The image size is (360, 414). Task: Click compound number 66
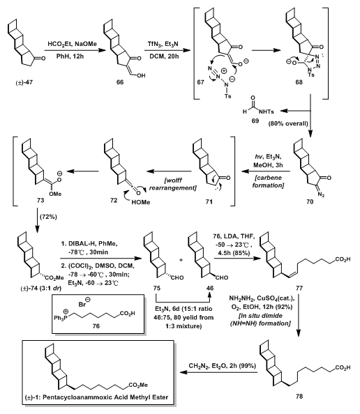pyautogui.click(x=120, y=82)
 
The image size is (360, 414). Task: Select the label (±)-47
pyautogui.click(x=24, y=82)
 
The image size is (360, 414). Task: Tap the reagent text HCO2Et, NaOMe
pyautogui.click(x=72, y=44)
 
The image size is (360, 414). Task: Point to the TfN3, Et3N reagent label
pyautogui.click(x=163, y=44)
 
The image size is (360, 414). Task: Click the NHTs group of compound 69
pyautogui.click(x=267, y=112)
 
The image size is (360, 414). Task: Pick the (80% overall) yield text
pyautogui.click(x=288, y=123)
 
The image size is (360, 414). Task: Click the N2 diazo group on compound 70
pyautogui.click(x=322, y=195)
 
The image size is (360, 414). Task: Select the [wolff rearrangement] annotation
pyautogui.click(x=173, y=184)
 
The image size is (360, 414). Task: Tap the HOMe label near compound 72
pyautogui.click(x=141, y=202)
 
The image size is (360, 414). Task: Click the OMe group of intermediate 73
pyautogui.click(x=55, y=194)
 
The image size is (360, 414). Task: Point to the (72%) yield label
pyautogui.click(x=48, y=217)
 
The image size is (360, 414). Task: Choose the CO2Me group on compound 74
pyautogui.click(x=54, y=277)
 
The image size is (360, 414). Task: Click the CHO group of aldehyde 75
pyautogui.click(x=177, y=277)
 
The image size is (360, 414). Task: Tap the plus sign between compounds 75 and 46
pyautogui.click(x=181, y=260)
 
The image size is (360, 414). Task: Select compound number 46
pyautogui.click(x=210, y=288)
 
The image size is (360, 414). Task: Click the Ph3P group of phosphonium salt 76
pyautogui.click(x=59, y=318)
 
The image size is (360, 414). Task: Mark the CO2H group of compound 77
pyautogui.click(x=343, y=259)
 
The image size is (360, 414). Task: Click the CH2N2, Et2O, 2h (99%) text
pyautogui.click(x=223, y=366)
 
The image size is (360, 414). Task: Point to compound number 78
pyautogui.click(x=299, y=396)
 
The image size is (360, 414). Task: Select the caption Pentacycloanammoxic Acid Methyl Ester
pyautogui.click(x=105, y=397)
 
